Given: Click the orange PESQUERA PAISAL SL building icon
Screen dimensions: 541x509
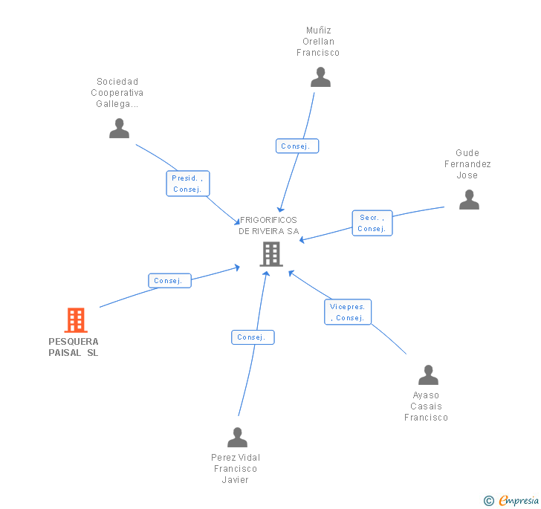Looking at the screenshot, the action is point(75,320).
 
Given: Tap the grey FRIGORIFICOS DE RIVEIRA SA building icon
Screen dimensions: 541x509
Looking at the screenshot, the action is point(270,254).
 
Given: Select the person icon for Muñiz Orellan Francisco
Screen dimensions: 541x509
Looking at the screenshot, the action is point(320,77).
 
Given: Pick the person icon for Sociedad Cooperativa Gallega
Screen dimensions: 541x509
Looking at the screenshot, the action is point(119,129).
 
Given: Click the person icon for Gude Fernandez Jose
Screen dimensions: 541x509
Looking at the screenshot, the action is point(469,200).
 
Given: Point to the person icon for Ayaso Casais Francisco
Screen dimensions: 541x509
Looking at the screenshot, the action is point(428,375).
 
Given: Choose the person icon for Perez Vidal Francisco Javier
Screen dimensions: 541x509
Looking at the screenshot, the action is point(237,437).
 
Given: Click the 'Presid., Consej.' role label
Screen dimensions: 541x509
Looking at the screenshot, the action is point(188,184).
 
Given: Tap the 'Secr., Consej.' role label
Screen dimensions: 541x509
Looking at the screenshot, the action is point(372,223).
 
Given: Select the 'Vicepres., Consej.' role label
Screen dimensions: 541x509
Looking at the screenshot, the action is point(348,312).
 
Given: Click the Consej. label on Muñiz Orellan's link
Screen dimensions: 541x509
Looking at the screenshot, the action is point(296,146).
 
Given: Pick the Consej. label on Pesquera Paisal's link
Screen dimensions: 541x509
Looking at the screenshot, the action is point(169,281).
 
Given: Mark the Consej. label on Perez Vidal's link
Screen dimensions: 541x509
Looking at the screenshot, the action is point(252,337).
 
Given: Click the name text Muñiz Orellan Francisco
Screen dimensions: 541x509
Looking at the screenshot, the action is point(318,42).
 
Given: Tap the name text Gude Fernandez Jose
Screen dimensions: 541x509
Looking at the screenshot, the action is point(467,164).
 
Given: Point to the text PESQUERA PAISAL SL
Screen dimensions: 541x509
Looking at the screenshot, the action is point(74,347).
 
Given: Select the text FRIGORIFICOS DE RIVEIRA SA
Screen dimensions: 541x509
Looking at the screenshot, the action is point(268,225).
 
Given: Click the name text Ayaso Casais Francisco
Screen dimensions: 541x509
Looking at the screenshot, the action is point(426,406).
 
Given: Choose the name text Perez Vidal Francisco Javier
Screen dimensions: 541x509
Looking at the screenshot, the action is point(236,468).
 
